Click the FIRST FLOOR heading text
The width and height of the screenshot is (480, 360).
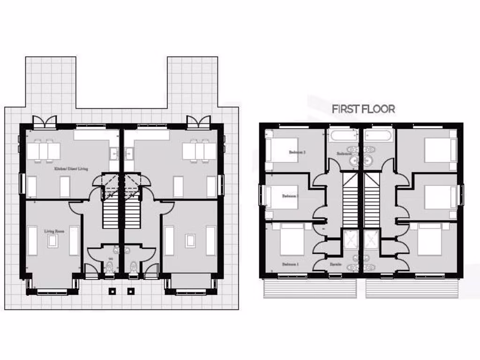tap(363, 109)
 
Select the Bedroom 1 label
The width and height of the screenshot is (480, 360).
tap(290, 265)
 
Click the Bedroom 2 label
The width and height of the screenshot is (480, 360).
tap(297, 152)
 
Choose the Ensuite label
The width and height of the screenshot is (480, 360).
tap(335, 265)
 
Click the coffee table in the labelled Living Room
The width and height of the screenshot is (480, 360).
tap(53, 241)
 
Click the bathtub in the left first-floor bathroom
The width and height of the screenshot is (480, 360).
tap(343, 136)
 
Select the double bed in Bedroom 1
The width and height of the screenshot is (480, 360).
tap(292, 240)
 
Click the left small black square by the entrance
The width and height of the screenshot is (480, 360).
tap(112, 291)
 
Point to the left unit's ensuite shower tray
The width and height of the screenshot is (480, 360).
tap(350, 239)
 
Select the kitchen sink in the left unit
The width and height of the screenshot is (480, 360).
tap(114, 153)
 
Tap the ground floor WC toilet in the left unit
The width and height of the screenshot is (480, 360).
tap(110, 268)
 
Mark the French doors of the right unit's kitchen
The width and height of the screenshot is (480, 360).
tap(198, 123)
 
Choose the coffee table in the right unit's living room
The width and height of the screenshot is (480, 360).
tap(190, 241)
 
